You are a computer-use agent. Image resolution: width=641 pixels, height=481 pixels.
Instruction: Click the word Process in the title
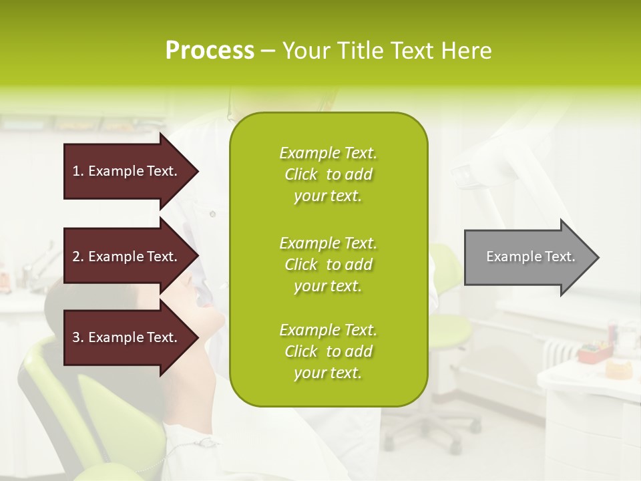pos(210,51)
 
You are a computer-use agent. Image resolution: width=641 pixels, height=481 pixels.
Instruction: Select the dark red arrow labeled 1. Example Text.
pos(127,171)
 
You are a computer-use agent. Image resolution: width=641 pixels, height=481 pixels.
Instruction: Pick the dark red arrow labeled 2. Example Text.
pos(127,257)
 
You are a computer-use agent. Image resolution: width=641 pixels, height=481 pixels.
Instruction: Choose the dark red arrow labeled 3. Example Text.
pos(127,337)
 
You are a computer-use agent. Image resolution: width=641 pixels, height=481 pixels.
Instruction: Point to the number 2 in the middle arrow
pos(76,257)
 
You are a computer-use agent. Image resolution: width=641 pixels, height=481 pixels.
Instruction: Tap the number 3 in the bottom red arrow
pos(76,337)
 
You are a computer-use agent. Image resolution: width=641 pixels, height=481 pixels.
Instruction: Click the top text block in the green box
pos(328,174)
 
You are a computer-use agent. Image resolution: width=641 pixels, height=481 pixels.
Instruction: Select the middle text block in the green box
pos(328,265)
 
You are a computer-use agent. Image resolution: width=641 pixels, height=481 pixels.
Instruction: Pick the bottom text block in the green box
pos(328,351)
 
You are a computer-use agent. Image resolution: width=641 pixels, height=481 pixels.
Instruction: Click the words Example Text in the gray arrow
pos(530,257)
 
